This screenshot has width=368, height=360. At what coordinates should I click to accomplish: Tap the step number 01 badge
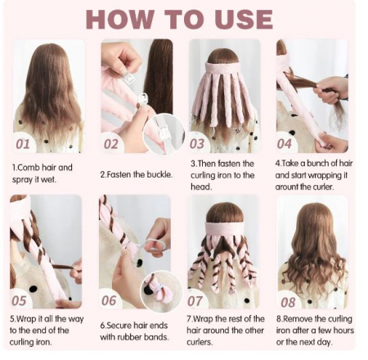(23, 144)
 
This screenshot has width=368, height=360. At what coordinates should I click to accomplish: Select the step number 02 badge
(110, 144)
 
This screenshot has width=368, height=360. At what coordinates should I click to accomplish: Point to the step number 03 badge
(197, 144)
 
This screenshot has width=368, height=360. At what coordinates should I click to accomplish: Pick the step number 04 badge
(285, 144)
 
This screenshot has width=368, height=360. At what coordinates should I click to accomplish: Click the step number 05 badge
(19, 300)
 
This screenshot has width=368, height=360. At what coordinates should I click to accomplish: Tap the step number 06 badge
(109, 300)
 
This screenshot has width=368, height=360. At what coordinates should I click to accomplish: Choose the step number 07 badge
(195, 301)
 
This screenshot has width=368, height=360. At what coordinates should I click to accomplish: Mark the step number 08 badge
(288, 302)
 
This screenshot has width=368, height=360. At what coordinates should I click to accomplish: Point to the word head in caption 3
(201, 187)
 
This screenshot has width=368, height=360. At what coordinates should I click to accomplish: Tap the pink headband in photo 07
(225, 229)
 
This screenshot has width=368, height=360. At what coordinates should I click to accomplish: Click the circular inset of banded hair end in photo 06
(161, 290)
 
